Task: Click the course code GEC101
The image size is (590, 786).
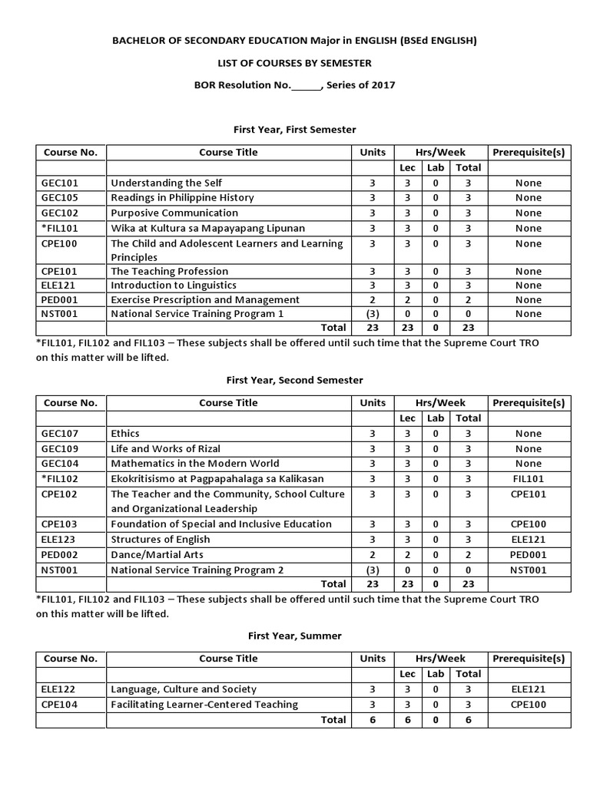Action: (x=61, y=183)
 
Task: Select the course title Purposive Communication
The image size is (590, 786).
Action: (x=174, y=213)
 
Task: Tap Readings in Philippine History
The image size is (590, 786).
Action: (x=182, y=197)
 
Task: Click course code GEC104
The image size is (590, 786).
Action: (x=61, y=464)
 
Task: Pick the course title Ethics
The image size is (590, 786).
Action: (x=125, y=434)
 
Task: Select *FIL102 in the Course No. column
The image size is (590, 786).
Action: (x=60, y=478)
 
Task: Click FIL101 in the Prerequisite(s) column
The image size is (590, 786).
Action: (x=528, y=478)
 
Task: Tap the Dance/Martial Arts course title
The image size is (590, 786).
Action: (x=156, y=554)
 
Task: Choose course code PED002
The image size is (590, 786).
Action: (x=61, y=554)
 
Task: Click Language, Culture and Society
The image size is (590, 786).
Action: (x=184, y=689)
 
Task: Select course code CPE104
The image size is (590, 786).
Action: (x=61, y=704)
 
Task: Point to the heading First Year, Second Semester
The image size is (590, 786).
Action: (x=294, y=380)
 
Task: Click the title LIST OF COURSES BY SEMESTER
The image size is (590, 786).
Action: (x=294, y=62)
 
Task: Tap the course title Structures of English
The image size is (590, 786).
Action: (x=161, y=539)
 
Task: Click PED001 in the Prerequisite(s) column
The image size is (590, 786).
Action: (x=528, y=554)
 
